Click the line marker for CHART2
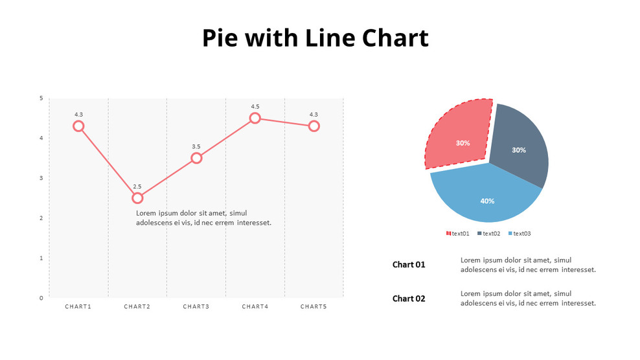(137, 197)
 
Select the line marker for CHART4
(255, 118)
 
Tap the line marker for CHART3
(196, 158)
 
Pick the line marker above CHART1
(78, 126)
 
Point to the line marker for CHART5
(314, 126)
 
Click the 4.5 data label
(255, 106)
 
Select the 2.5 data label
(137, 186)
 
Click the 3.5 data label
(196, 146)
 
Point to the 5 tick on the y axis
(41, 98)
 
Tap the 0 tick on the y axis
(41, 298)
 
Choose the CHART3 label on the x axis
(196, 306)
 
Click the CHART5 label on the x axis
(314, 306)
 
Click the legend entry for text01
(458, 233)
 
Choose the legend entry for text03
(520, 233)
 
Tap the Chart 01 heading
(409, 264)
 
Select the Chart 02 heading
(409, 298)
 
